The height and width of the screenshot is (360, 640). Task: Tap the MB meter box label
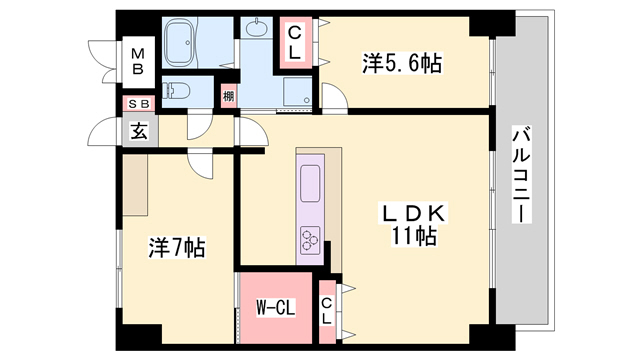tap(136, 61)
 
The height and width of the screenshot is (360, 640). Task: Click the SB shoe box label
tap(136, 103)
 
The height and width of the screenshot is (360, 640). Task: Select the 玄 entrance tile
tap(136, 131)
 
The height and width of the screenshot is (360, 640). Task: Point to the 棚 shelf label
tap(229, 96)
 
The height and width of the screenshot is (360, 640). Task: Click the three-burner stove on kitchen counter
tap(310, 240)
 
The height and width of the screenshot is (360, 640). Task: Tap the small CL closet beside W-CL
tap(328, 311)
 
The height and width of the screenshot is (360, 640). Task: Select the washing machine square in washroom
tap(296, 93)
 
